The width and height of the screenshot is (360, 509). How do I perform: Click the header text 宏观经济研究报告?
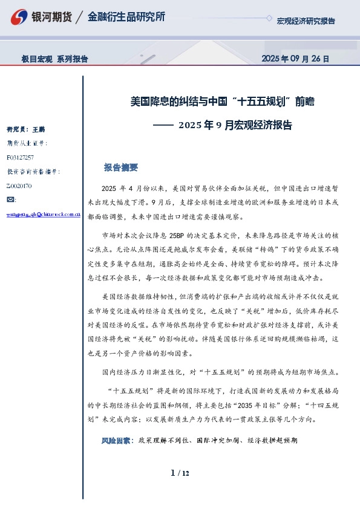click(x=306, y=21)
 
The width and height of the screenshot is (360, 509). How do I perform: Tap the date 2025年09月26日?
click(x=295, y=59)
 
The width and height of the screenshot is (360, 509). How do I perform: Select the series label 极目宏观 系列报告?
click(x=55, y=59)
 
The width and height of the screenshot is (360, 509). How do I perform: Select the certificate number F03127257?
click(x=25, y=157)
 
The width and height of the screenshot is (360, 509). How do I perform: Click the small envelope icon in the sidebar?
click(x=11, y=199)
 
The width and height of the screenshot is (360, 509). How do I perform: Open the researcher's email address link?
click(x=44, y=214)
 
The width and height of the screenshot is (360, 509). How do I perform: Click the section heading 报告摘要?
click(x=121, y=167)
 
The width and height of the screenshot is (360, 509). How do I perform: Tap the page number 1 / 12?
click(x=180, y=473)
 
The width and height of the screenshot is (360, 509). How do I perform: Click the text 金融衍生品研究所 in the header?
click(x=126, y=17)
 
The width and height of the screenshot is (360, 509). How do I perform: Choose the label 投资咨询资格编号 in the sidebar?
click(x=33, y=172)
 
